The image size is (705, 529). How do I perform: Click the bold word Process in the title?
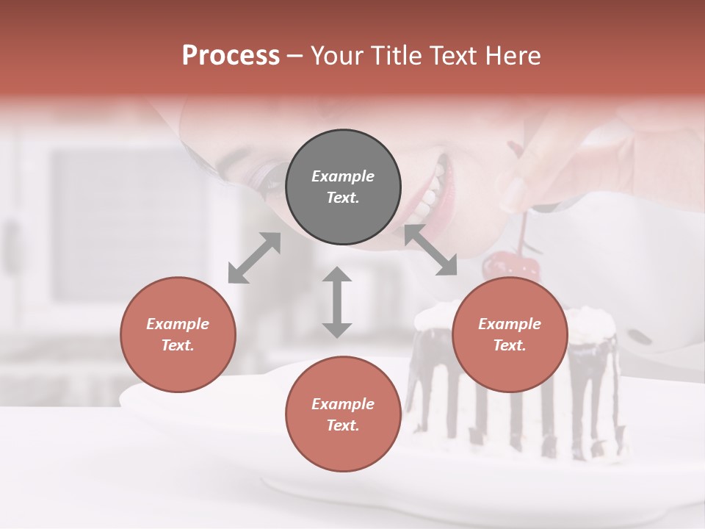click(x=231, y=56)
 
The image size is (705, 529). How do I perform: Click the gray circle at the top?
click(x=343, y=187)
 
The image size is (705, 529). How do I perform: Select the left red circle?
click(x=178, y=334)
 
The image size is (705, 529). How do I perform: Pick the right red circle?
click(x=510, y=334)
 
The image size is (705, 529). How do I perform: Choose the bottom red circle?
click(x=343, y=414)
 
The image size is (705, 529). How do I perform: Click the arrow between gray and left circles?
click(x=254, y=257)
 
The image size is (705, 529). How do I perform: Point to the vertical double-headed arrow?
click(x=337, y=302)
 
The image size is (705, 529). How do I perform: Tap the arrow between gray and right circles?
click(x=430, y=250)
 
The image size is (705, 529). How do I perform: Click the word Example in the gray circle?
click(x=343, y=176)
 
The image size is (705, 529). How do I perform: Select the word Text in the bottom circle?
click(x=343, y=425)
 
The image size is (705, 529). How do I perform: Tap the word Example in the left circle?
click(x=178, y=324)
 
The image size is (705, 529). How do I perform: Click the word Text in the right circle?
click(x=510, y=345)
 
